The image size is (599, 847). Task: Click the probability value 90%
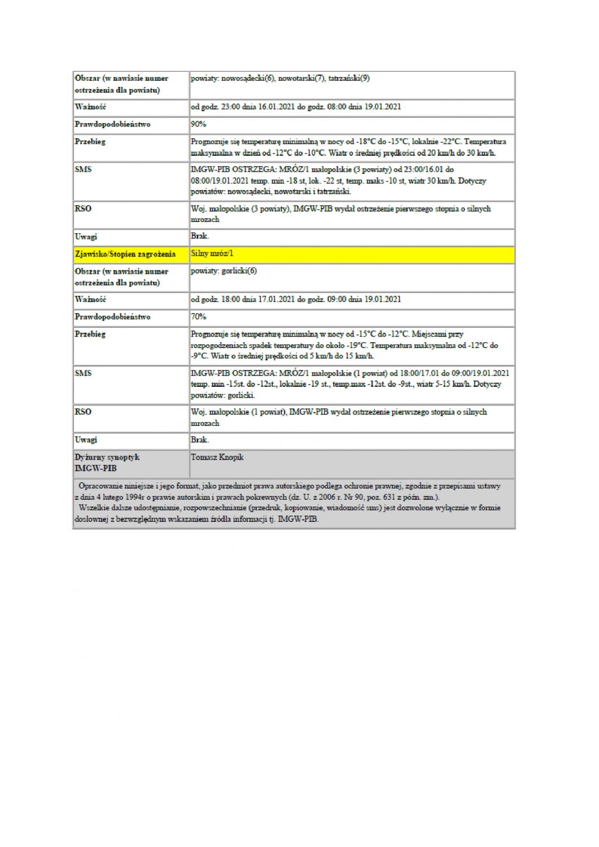click(x=199, y=124)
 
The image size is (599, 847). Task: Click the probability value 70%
click(x=199, y=317)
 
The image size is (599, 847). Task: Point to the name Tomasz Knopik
click(x=217, y=457)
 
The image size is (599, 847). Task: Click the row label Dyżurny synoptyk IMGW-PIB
click(x=107, y=462)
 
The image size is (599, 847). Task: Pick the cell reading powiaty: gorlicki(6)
click(x=224, y=271)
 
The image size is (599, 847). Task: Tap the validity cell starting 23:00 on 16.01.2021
click(x=296, y=107)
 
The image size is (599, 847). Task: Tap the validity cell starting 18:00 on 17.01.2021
click(x=296, y=299)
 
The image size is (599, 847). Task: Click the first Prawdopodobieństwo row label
click(x=113, y=124)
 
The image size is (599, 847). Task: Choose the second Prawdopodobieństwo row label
click(x=113, y=317)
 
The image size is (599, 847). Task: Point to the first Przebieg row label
click(x=90, y=142)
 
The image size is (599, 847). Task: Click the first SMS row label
click(x=83, y=169)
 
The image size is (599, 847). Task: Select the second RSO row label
click(x=83, y=412)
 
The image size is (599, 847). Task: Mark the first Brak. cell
click(x=200, y=236)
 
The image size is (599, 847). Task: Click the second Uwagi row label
click(x=86, y=440)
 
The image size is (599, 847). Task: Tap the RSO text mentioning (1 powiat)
click(x=339, y=417)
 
